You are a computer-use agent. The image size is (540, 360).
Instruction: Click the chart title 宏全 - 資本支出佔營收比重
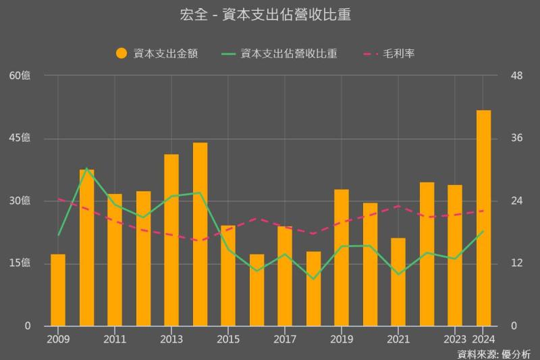pos(270,15)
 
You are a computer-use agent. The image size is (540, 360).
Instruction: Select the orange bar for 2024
pos(483,217)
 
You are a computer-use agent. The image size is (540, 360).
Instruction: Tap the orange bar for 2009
pos(58,290)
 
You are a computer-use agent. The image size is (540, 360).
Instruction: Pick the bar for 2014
pos(200,234)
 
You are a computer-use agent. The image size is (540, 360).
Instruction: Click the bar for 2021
pos(398,282)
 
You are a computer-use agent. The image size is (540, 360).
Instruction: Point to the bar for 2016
pos(256,290)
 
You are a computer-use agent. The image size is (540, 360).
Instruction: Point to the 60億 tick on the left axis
pos(20,76)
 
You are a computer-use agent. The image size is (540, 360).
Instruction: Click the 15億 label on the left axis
pos(20,263)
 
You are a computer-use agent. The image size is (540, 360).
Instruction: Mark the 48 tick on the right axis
pos(517,76)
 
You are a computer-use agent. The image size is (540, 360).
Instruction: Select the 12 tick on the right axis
pos(516,263)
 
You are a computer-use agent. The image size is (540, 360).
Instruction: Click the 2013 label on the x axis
pos(171,338)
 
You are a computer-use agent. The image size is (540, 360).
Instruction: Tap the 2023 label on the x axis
pos(455,338)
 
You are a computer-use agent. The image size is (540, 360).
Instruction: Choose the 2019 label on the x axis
pos(342,338)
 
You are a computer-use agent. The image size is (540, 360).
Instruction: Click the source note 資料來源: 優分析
pos(494,353)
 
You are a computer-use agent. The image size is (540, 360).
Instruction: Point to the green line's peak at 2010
pos(86,168)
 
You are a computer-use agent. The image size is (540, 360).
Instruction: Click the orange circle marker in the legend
pos(122,54)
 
